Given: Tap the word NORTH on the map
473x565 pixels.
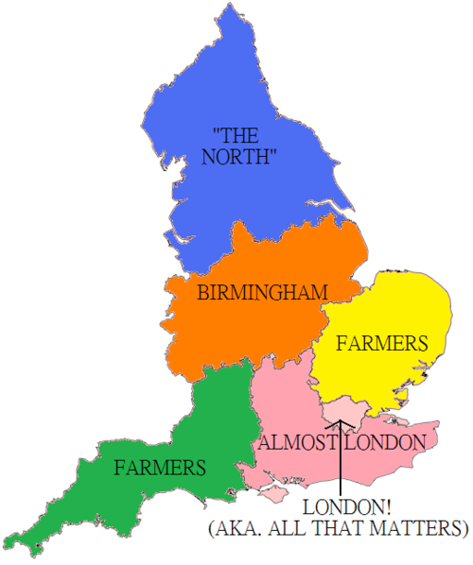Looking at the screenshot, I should point(238,157).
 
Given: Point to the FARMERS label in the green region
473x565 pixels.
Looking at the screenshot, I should point(160,467).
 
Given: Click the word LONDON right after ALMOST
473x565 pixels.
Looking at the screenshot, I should point(385,442).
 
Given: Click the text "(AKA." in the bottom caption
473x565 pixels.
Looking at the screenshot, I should point(232,526).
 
